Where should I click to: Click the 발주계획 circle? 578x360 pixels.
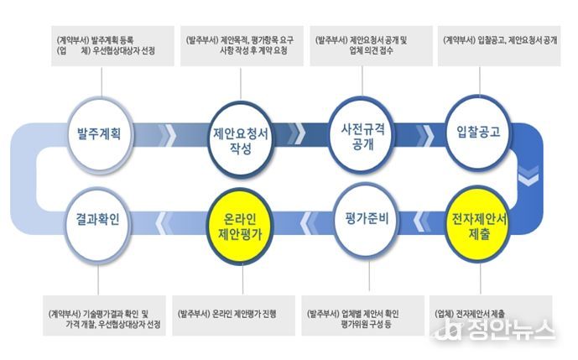click(x=99, y=133)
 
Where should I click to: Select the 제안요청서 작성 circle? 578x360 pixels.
click(x=241, y=138)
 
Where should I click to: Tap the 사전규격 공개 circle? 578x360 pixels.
click(x=362, y=135)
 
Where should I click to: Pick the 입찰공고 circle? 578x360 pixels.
click(x=478, y=132)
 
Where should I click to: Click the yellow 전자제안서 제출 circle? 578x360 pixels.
click(x=478, y=226)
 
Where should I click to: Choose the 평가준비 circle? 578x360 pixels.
click(x=367, y=219)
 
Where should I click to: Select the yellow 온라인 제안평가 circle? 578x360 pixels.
click(x=240, y=226)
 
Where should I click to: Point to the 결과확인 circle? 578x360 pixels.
click(x=98, y=221)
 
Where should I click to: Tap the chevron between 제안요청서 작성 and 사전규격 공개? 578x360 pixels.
click(x=298, y=133)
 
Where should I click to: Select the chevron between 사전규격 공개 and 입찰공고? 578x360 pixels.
click(x=426, y=135)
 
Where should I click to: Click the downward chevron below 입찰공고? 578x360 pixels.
click(x=529, y=175)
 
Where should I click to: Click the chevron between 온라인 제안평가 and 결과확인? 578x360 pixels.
click(x=162, y=223)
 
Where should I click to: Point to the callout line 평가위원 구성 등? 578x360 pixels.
click(x=366, y=325)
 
